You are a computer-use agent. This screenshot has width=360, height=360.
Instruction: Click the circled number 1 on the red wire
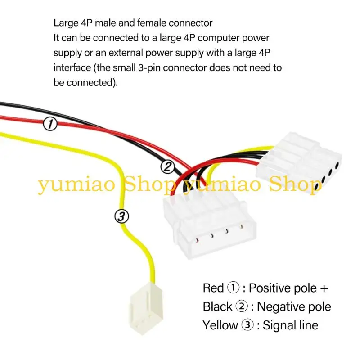pyautogui.click(x=50, y=124)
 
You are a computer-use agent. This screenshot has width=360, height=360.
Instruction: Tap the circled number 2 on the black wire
pyautogui.click(x=167, y=167)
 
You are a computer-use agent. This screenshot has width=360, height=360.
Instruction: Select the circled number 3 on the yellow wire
pyautogui.click(x=121, y=216)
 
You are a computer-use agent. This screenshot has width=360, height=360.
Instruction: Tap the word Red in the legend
pyautogui.click(x=213, y=288)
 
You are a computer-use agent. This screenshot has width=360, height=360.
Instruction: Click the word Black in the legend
pyautogui.click(x=218, y=307)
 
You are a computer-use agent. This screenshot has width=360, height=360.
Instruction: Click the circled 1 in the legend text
pyautogui.click(x=233, y=288)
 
